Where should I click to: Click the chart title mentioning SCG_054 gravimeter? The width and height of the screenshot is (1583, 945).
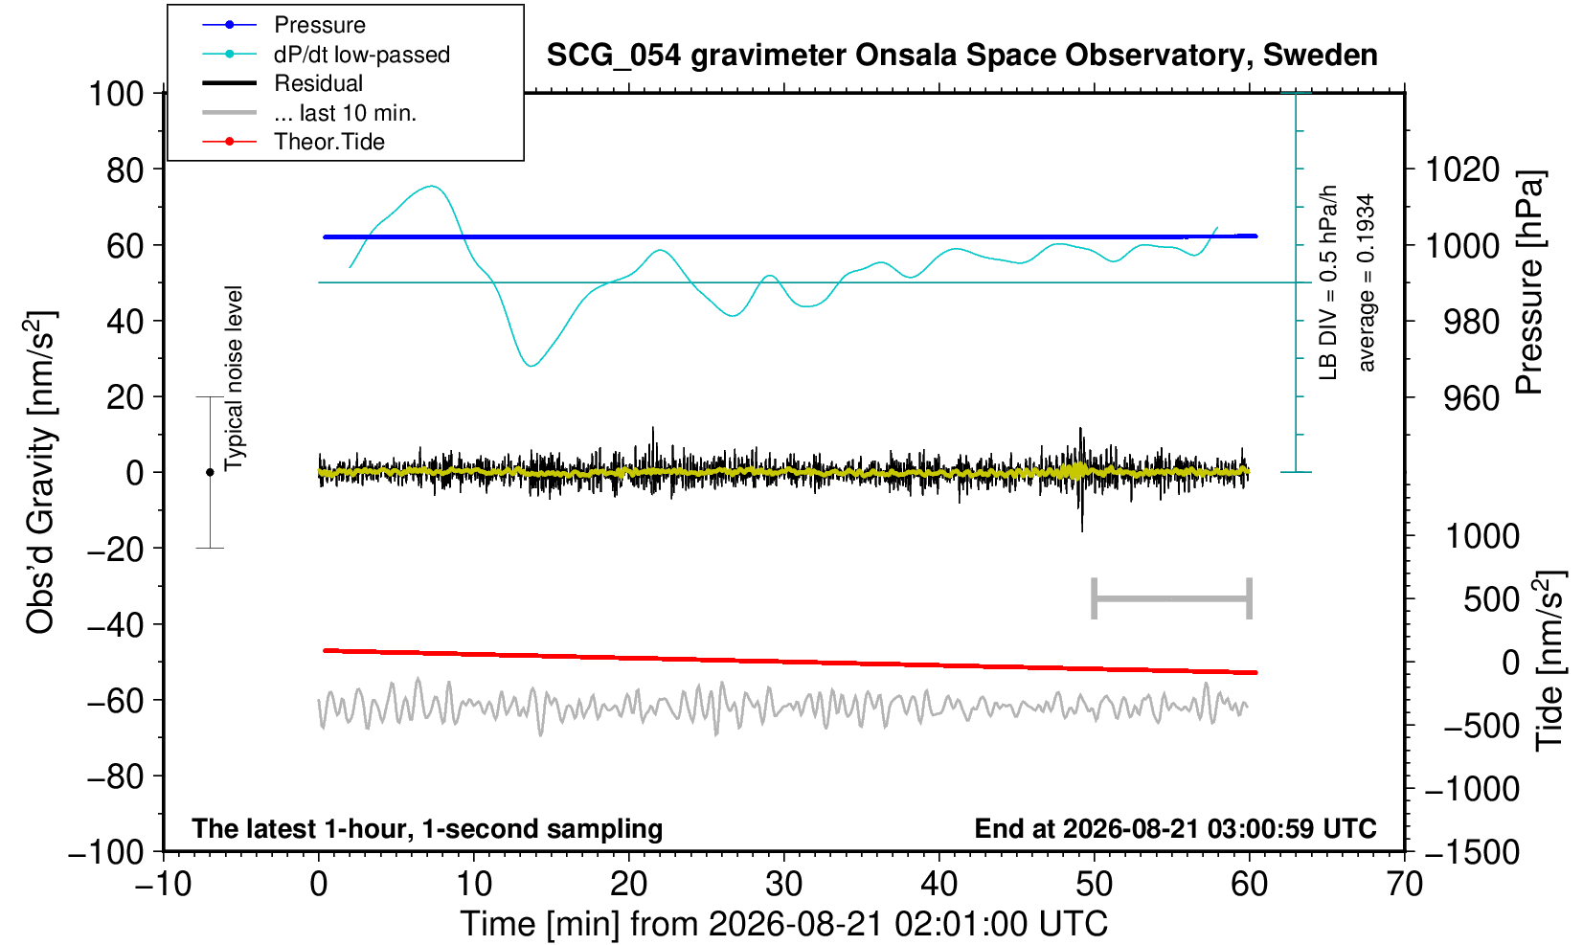961,56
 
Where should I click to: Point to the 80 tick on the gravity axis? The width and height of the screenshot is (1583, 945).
125,169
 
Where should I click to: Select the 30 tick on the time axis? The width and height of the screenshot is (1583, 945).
783,885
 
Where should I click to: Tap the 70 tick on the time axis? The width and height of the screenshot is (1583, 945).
1404,885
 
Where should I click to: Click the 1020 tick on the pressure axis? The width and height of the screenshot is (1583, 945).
1462,169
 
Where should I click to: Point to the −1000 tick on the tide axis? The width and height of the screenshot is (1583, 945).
1472,789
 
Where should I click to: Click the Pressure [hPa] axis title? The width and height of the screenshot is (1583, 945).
1530,282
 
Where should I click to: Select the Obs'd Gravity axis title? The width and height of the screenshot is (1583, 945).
40,472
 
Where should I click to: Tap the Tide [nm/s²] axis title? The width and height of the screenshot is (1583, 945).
1549,660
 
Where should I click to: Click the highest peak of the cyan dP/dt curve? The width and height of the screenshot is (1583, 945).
432,186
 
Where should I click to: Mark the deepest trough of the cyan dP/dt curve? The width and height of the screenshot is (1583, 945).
531,366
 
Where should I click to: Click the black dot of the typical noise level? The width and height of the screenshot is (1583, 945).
210,472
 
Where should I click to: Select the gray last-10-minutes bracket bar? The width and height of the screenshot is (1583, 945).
1172,598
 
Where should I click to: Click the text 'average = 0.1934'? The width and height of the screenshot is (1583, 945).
1366,282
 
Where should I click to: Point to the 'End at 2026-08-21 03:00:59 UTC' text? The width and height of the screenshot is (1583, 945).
1175,828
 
